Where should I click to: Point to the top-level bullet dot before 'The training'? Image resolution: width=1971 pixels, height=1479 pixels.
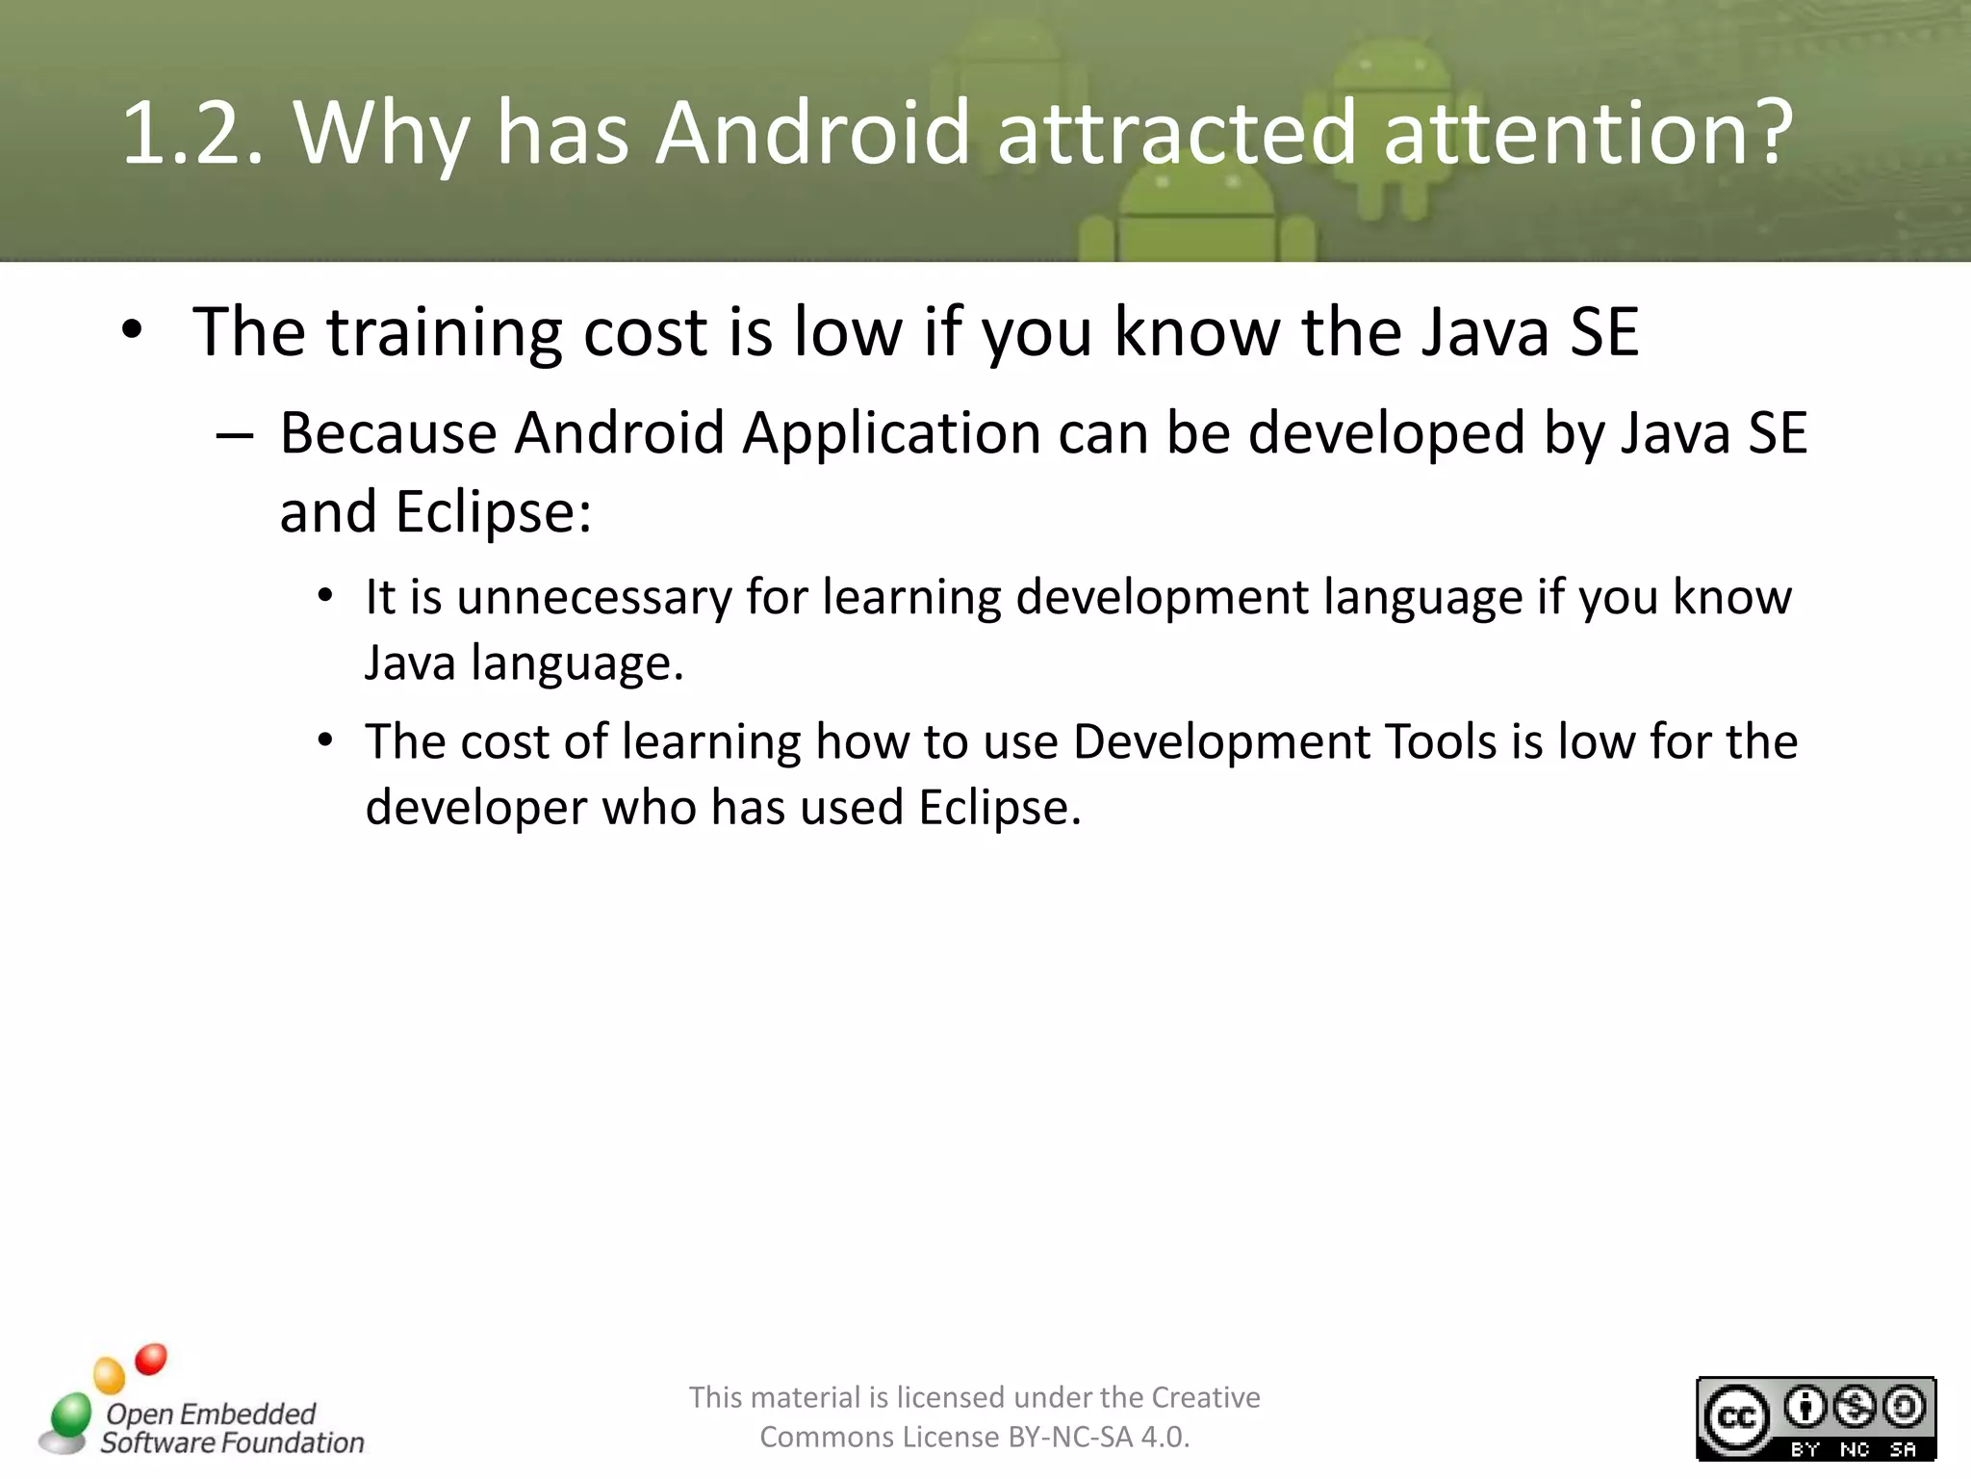(x=133, y=330)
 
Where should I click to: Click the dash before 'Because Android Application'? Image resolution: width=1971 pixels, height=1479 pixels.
(x=235, y=436)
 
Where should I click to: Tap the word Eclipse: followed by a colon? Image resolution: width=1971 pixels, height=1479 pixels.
(x=493, y=512)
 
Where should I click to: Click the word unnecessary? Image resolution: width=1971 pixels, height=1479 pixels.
(x=594, y=597)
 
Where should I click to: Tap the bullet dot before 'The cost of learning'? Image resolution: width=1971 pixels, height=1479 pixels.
(x=326, y=740)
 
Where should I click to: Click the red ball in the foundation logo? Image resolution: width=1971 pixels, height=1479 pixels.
(x=151, y=1359)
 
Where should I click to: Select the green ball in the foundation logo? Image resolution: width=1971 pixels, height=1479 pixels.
(x=70, y=1414)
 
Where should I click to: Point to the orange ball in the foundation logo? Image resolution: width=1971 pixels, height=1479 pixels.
(x=110, y=1375)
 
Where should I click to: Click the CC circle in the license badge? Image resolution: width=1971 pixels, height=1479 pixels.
(x=1736, y=1418)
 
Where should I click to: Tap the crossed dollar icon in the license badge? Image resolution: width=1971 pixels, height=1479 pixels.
(x=1855, y=1408)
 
